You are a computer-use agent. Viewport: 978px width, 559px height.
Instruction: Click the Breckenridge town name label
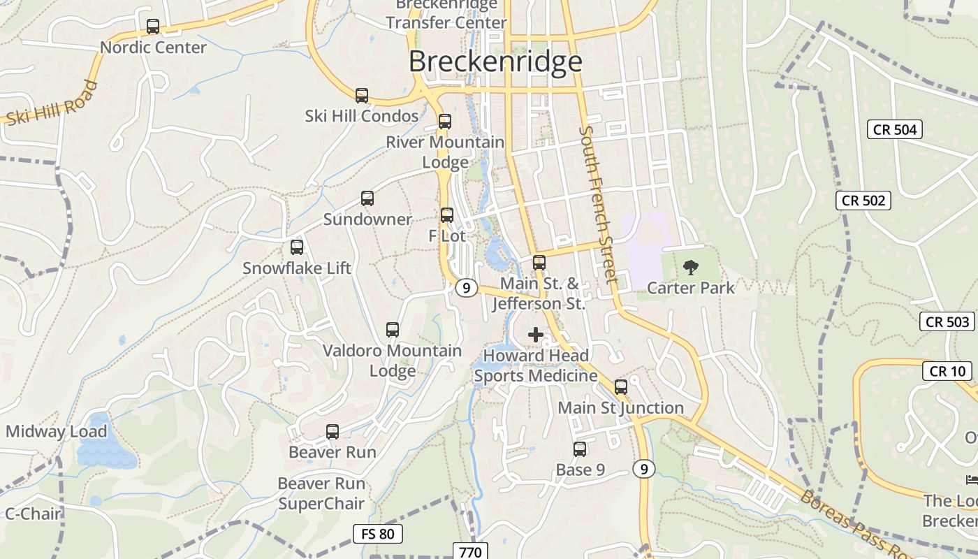coord(495,61)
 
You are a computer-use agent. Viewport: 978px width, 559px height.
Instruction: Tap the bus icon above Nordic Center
coord(153,27)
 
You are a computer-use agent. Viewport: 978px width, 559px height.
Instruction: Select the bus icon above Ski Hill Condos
coord(361,96)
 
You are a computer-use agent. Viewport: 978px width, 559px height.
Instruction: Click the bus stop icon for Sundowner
coord(367,198)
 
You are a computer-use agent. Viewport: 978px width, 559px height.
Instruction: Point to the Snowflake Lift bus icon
coord(297,247)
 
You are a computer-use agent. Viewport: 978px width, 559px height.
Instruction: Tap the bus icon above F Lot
coord(447,215)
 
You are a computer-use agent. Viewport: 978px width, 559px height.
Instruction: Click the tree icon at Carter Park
coord(690,267)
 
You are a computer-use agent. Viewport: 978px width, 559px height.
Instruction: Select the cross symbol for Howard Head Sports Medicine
coord(536,335)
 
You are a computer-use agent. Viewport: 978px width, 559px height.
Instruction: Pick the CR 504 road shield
coord(895,129)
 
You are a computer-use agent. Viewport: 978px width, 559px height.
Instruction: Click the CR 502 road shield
coord(863,201)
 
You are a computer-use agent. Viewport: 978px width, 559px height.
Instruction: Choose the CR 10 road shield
coord(947,371)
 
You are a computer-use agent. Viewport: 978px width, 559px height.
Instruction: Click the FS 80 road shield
coord(378,535)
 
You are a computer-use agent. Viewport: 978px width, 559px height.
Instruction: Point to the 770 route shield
coord(471,552)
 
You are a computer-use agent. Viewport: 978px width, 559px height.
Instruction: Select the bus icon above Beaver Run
coord(333,432)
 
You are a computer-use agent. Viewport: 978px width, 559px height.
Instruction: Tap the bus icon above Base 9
coord(580,449)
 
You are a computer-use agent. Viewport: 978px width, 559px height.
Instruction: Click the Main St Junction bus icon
coord(621,387)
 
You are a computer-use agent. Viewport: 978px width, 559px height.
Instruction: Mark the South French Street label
coord(599,204)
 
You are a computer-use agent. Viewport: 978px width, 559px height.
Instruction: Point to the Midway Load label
coord(56,432)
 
